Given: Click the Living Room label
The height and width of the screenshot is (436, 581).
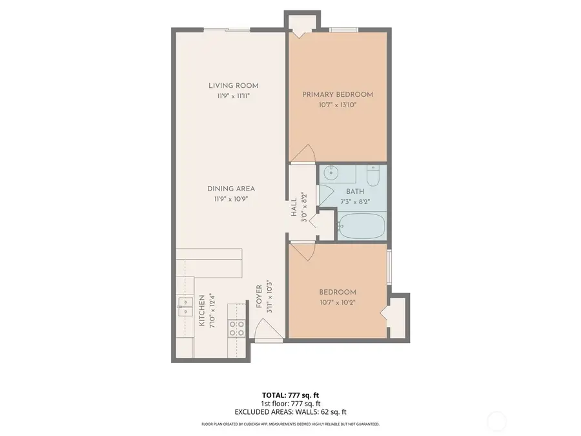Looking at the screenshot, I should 233,85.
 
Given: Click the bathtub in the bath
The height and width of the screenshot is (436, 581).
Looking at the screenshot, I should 362,227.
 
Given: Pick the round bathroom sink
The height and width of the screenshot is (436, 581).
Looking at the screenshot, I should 331,172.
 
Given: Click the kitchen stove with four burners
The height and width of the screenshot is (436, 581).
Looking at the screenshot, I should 236,328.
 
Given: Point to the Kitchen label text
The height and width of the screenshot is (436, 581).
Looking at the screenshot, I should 202,310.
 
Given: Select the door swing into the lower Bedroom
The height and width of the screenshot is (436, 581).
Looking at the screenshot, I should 302,251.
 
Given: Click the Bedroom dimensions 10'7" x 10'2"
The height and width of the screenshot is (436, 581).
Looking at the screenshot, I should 338,302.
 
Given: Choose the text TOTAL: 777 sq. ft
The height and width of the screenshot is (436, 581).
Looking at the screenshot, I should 289,395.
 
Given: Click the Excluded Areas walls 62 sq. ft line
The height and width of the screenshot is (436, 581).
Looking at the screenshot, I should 290,411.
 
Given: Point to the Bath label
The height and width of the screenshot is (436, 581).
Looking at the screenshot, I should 355,192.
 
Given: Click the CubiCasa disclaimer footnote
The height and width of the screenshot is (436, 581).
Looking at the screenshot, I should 290,424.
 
